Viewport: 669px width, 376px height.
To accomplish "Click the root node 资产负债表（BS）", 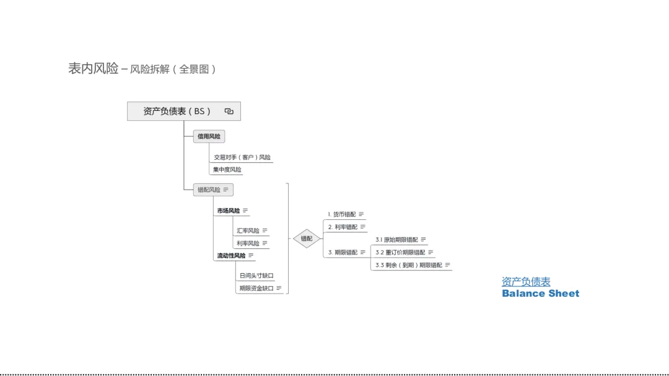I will pos(177,111).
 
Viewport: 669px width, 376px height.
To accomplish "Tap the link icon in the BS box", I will pos(229,111).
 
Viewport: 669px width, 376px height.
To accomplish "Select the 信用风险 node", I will pos(209,136).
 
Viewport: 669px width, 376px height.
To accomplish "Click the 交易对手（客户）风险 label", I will pos(242,157).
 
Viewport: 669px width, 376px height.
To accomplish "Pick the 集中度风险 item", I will pos(227,170).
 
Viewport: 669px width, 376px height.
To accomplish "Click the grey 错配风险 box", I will pos(209,190).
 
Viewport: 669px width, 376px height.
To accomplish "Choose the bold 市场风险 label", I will pos(228,211).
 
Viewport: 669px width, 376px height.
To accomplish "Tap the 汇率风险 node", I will pos(248,230).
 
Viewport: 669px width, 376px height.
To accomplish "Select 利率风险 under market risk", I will pos(248,243).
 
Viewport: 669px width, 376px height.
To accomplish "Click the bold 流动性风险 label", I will pos(231,255).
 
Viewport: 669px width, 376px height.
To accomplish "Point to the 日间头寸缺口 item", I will pos(256,276).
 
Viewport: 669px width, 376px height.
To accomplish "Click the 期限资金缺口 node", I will pos(256,288).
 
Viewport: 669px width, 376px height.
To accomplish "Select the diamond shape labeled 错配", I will pos(307,238).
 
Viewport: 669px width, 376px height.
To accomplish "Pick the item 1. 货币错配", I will pos(342,214).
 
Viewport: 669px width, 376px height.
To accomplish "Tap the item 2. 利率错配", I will pos(343,227).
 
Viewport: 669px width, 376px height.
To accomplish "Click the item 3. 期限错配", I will pos(343,252).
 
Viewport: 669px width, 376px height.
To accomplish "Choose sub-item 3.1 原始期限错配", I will pos(396,240).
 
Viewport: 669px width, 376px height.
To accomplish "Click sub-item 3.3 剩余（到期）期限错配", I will pos(409,265).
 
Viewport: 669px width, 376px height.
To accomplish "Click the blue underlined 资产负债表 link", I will pos(526,282).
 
